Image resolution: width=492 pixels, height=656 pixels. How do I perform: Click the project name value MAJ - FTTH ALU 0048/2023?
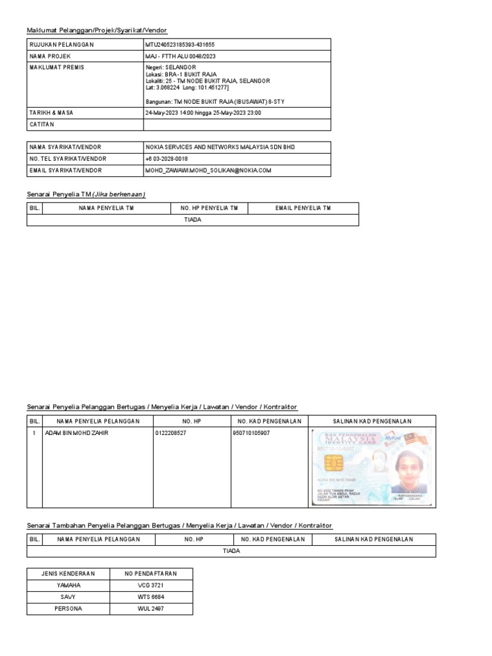pos(180,56)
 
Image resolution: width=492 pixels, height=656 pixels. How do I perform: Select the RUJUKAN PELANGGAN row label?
pos(61,44)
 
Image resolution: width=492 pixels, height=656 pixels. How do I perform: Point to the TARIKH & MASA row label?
pos(51,113)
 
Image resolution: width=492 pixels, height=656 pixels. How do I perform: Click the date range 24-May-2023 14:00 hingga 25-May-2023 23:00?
pos(203,113)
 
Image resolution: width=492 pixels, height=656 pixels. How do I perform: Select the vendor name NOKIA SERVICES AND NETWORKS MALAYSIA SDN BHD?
pos(220,147)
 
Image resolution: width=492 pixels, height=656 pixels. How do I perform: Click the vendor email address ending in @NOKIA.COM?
pos(209,170)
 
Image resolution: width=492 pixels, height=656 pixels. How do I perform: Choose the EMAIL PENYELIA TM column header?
pos(303,208)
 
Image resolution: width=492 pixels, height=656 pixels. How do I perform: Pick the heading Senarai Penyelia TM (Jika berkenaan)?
pos(86,194)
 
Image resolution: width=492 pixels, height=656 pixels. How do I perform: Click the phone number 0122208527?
pos(172,433)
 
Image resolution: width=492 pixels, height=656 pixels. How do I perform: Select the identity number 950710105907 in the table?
pos(251,433)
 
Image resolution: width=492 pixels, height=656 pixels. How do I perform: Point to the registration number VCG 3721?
pos(151,586)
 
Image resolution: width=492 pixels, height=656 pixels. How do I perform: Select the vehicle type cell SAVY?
pos(69,597)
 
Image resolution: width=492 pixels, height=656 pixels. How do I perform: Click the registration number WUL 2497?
pos(151,609)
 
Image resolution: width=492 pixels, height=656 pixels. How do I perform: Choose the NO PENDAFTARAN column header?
pos(151,573)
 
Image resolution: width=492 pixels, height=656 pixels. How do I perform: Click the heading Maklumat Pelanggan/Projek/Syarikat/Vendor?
pos(97,31)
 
